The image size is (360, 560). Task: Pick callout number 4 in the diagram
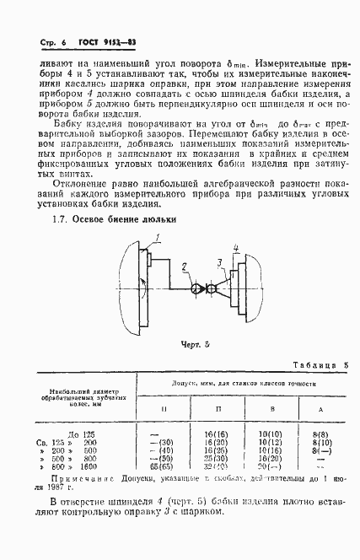pos(237,247)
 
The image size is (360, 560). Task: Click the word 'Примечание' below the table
pos(76,479)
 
